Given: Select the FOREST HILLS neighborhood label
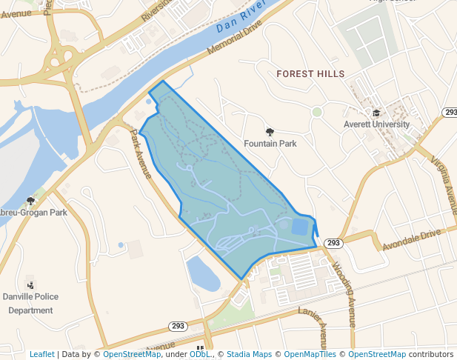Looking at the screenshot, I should coord(310,74).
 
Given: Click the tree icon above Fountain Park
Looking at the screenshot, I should coord(270,131).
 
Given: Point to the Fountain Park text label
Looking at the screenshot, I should coord(270,144).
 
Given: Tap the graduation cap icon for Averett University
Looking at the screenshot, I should coord(376,113).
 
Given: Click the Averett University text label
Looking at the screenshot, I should coord(376,124).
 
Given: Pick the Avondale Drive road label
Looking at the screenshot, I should coord(411,239).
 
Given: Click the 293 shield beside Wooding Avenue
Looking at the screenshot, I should coord(333,243).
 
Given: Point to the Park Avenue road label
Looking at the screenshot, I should coord(141,154).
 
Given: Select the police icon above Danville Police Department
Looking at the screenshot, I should coord(30,284).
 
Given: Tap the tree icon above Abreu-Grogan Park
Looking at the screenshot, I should coord(30,200).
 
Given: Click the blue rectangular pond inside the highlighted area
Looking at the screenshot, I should coord(299,227).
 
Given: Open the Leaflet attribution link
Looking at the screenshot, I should coord(42,354).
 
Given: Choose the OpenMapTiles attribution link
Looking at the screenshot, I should coord(310,354).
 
